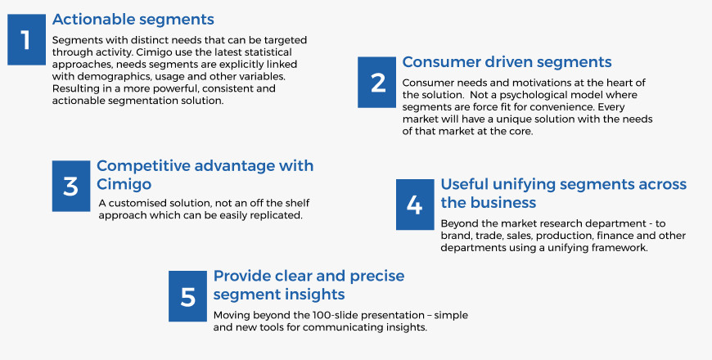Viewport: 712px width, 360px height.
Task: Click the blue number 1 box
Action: [26, 39]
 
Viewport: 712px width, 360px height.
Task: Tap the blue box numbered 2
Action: [377, 82]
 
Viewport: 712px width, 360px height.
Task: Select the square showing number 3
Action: [71, 186]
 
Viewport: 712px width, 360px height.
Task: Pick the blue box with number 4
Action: [415, 205]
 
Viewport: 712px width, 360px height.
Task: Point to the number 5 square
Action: [187, 296]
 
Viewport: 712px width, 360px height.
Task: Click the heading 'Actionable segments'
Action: [133, 20]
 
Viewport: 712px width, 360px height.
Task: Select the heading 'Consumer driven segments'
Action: [507, 62]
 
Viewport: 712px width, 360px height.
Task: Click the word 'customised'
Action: [137, 203]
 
